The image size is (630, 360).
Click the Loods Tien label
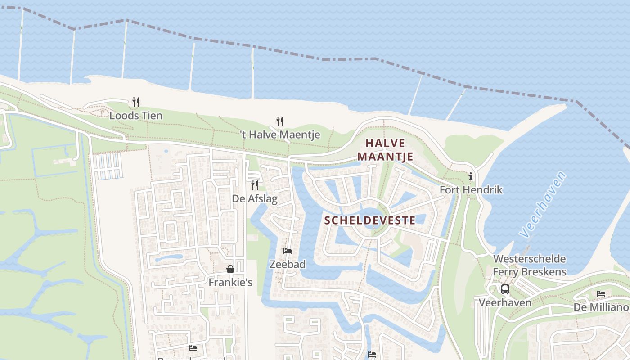coord(136,116)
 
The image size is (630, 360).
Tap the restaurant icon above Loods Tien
coord(136,102)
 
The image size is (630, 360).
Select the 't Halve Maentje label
coord(279,135)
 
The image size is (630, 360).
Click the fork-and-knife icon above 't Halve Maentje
coord(279,121)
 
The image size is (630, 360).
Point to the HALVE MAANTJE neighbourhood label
coord(385,150)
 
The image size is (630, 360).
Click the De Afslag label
coord(255,198)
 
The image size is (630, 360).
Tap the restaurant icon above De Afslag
coord(255,185)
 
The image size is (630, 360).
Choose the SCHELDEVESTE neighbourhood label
coord(370,220)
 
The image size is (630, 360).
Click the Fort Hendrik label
coord(471,190)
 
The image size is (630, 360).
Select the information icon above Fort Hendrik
coord(471,176)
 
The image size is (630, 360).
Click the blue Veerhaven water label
coord(542,204)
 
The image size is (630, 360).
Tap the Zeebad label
coord(288,264)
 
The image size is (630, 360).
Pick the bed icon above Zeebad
coord(288,251)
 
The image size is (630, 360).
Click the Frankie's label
coord(230,283)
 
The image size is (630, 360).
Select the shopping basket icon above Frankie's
coord(230,269)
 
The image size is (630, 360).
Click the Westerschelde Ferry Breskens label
coord(530,265)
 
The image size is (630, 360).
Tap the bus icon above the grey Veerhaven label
coord(505,289)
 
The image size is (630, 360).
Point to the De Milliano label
coord(601,307)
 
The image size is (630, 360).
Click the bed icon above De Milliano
coord(601,294)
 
